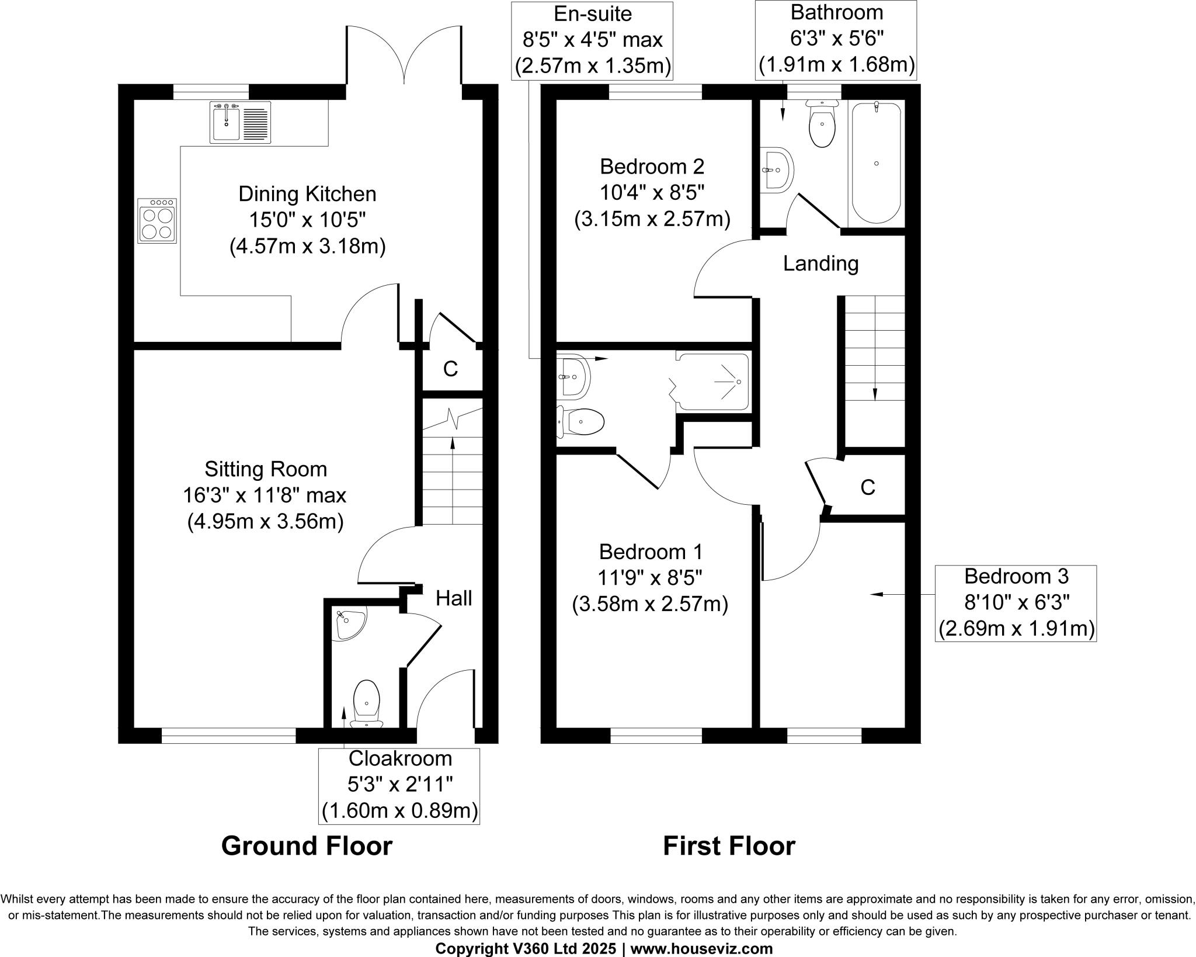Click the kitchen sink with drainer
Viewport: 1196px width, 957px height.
pos(240,122)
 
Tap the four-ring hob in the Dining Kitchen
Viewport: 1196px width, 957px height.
pos(157,221)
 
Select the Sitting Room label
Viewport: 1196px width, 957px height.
pos(266,469)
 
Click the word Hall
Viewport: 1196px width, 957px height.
pos(454,598)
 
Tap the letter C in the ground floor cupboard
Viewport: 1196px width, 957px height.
pos(450,369)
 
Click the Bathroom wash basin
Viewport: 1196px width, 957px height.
pos(777,169)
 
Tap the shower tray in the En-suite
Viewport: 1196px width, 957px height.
pos(712,382)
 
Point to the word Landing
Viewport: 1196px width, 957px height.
pos(820,263)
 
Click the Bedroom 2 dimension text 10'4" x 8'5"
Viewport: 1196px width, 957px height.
pos(652,193)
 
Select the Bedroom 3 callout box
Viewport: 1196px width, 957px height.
pos(1016,603)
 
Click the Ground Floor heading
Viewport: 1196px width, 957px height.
pos(307,846)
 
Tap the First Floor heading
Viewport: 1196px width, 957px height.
pos(729,846)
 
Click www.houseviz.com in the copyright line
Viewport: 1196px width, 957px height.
pos(701,949)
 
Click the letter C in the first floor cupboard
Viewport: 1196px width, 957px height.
pos(868,487)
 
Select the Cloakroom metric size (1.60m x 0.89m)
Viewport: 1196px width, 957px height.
pos(399,811)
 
